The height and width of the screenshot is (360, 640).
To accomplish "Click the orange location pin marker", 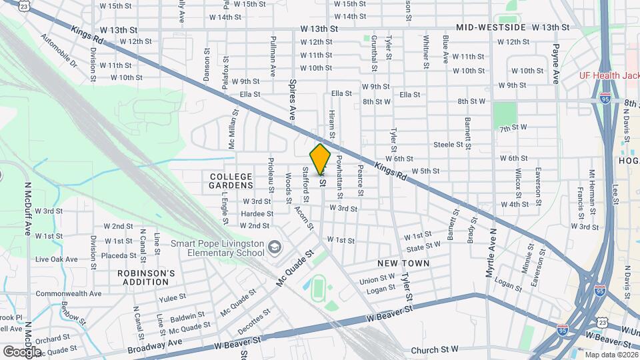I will coord(321,159).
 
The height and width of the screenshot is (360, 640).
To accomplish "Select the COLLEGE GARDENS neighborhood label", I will coord(231,180).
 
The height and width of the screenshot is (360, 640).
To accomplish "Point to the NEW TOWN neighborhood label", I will coord(403,263).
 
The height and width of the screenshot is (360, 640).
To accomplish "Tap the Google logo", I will coord(21,351).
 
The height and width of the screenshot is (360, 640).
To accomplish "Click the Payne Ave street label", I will coord(555,63).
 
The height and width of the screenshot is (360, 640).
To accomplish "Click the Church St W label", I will coord(435,349).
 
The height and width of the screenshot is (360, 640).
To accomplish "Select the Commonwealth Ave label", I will coord(69,293).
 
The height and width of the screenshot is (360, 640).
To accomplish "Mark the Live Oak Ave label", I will coord(57,259).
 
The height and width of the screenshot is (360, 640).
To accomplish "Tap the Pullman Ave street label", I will coord(273,56).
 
